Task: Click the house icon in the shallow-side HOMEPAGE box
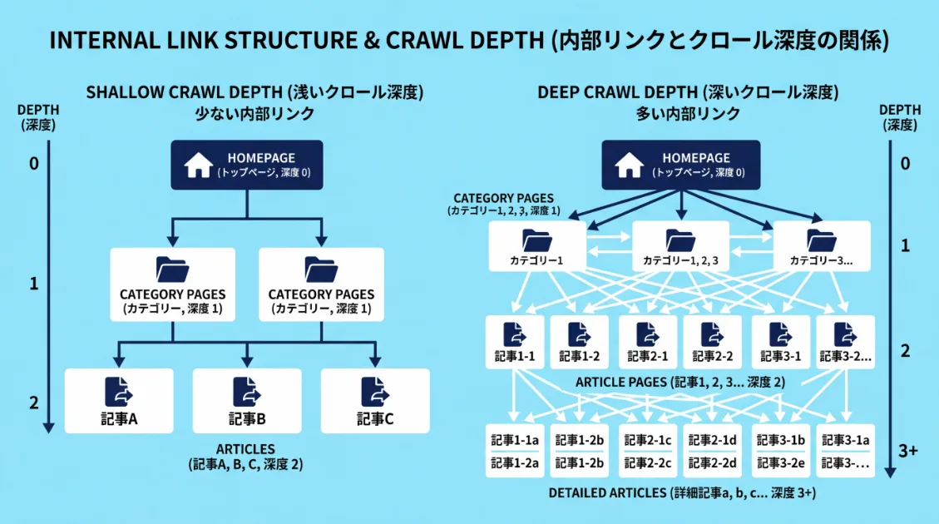pyautogui.click(x=198, y=166)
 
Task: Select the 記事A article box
pyautogui.click(x=119, y=401)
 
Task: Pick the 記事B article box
pyautogui.click(x=247, y=401)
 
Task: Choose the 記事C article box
pyautogui.click(x=375, y=401)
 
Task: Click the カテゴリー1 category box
pyautogui.click(x=537, y=246)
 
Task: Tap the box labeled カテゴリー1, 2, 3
pyautogui.click(x=680, y=246)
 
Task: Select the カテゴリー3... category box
pyautogui.click(x=822, y=246)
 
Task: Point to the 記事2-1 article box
pyautogui.click(x=645, y=342)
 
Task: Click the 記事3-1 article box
pyautogui.click(x=780, y=342)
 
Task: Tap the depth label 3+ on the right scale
pyautogui.click(x=908, y=451)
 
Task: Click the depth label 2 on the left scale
pyautogui.click(x=34, y=403)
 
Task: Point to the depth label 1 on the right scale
pyautogui.click(x=906, y=247)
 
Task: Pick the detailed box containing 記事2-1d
pyautogui.click(x=713, y=450)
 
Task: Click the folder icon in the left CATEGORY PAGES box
pyautogui.click(x=172, y=269)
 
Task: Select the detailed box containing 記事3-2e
pyautogui.click(x=780, y=450)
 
